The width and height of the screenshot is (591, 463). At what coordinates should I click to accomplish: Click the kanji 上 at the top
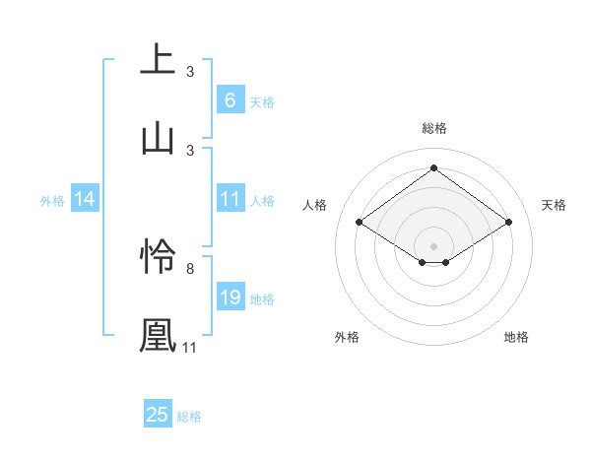click(x=158, y=58)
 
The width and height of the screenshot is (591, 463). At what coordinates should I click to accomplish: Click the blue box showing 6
click(x=230, y=99)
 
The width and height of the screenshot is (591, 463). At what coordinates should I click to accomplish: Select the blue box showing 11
click(x=230, y=199)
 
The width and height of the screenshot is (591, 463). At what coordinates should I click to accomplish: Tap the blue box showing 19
click(x=230, y=298)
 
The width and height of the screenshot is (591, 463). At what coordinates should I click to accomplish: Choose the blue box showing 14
click(x=85, y=199)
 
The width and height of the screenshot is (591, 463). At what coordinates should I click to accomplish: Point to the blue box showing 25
click(x=158, y=415)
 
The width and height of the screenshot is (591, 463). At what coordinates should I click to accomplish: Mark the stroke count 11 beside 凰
click(x=189, y=348)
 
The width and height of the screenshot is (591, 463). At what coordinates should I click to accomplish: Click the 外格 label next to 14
click(x=52, y=200)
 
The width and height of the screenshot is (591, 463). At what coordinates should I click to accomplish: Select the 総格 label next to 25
click(x=189, y=417)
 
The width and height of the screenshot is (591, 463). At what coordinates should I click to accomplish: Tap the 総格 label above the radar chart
click(x=433, y=128)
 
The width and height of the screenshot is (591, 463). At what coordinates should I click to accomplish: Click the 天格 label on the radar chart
click(x=554, y=205)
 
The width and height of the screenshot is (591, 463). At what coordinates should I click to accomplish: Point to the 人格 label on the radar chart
click(x=315, y=205)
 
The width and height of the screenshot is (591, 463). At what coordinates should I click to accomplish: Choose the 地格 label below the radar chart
click(x=516, y=337)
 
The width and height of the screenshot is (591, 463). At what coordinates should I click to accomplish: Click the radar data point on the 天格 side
click(x=508, y=223)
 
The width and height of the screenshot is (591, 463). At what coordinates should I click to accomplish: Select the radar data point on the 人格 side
click(x=360, y=223)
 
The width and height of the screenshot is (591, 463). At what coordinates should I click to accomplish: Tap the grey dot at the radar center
click(x=433, y=245)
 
